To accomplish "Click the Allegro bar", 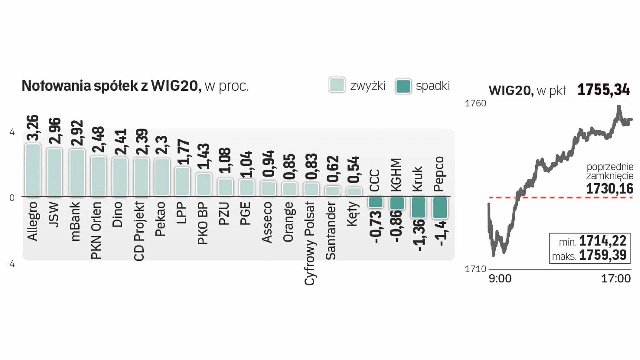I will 33,170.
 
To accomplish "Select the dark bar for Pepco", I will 440,208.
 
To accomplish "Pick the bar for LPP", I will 182,182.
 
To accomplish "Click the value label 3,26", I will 33,128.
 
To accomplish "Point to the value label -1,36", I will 419,235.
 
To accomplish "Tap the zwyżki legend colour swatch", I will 337,85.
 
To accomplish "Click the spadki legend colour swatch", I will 403,86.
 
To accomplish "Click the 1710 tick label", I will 475,269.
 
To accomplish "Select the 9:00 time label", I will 500,279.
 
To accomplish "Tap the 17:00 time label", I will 616,279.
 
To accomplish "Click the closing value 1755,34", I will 603,90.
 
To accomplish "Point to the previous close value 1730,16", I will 609,189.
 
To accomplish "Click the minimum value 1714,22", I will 603,241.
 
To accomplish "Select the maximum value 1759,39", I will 603,255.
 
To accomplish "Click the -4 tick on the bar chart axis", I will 11,264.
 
